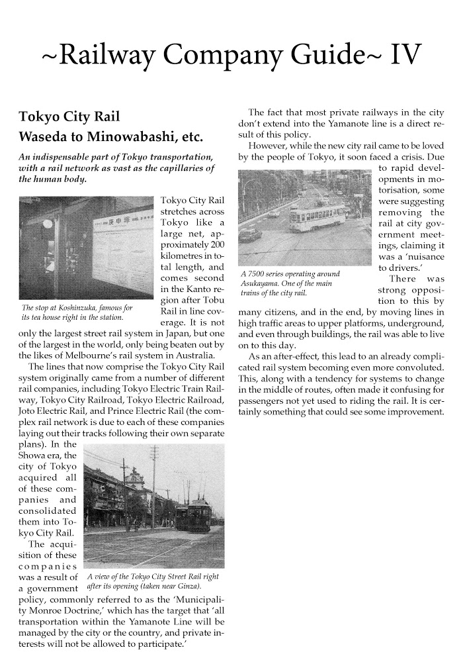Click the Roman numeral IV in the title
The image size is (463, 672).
401,56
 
